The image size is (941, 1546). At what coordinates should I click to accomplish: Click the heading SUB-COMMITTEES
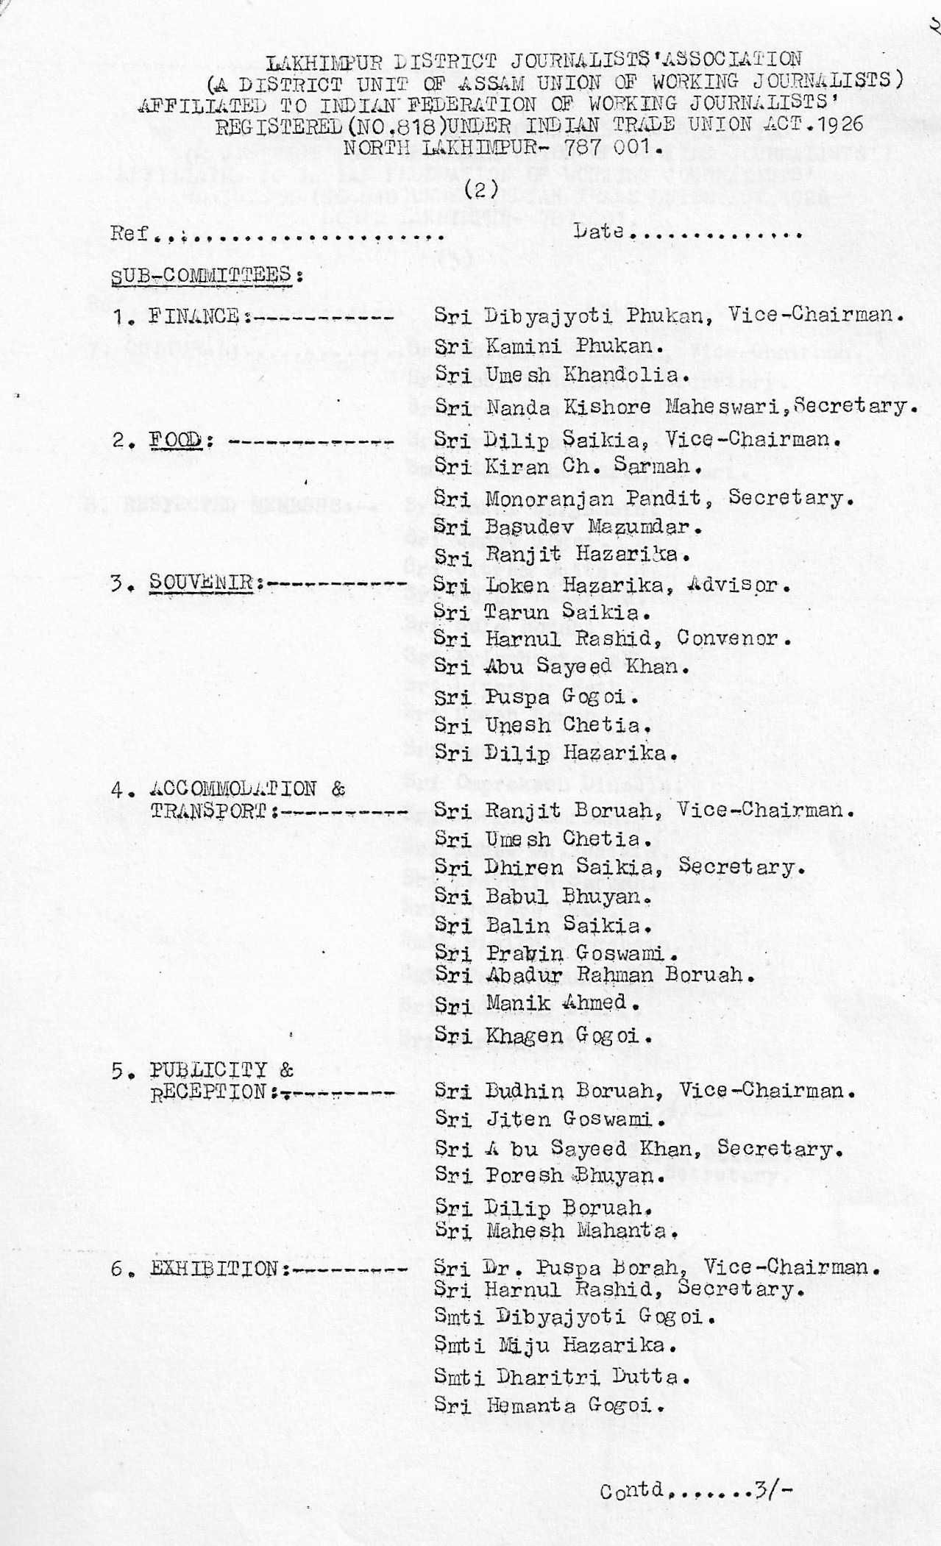point(207,275)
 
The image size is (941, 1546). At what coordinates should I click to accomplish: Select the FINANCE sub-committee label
point(194,317)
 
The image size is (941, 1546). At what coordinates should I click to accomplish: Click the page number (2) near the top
point(481,189)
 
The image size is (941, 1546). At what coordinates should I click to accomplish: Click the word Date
point(599,232)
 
